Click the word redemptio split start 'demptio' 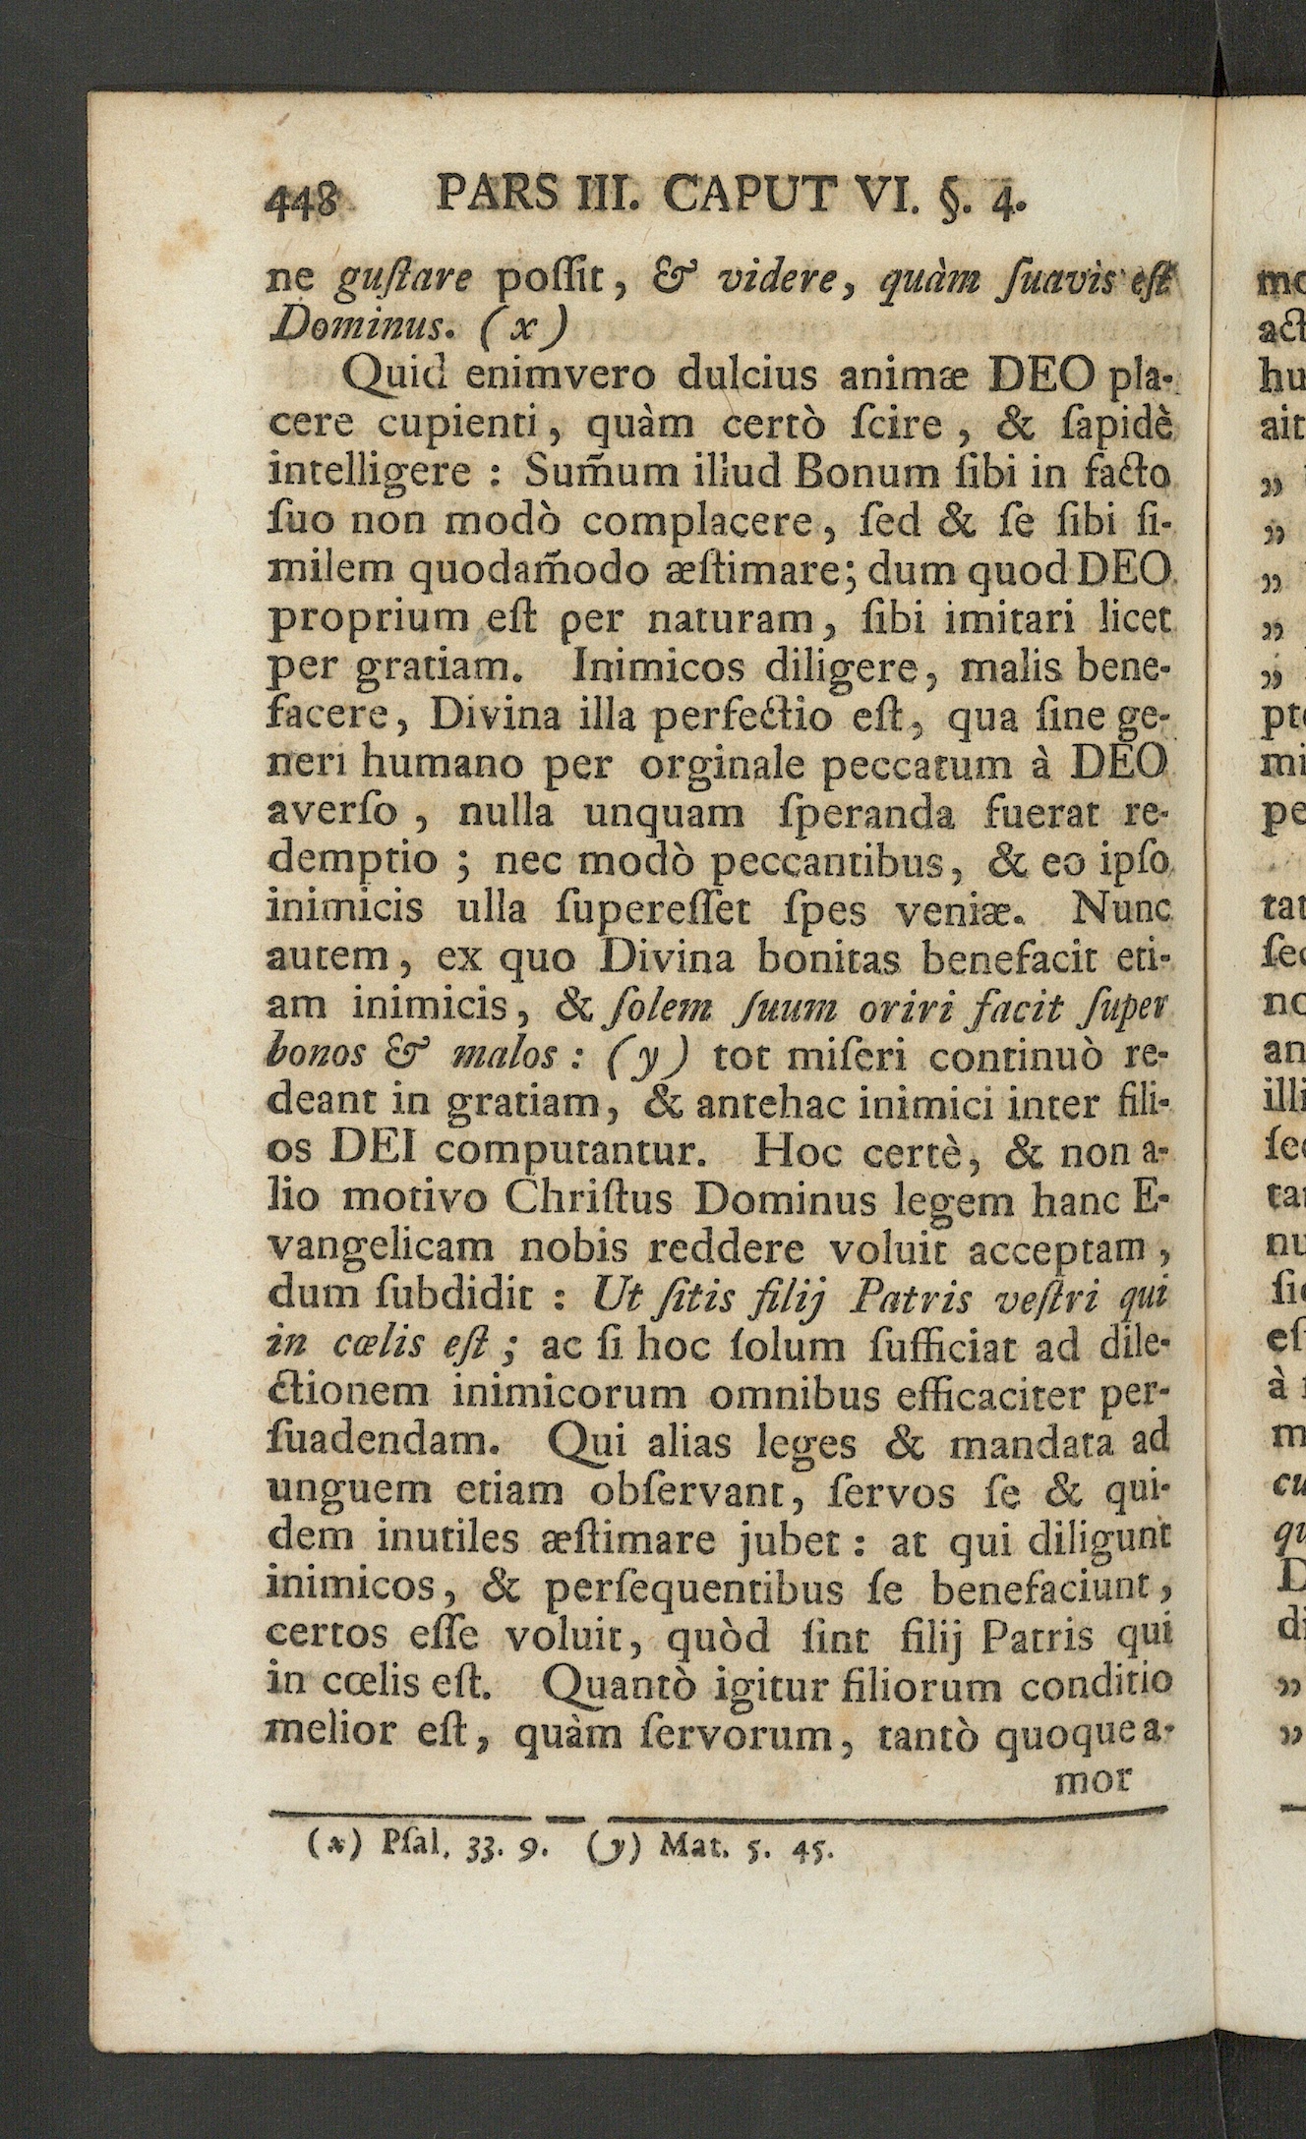coord(352,862)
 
